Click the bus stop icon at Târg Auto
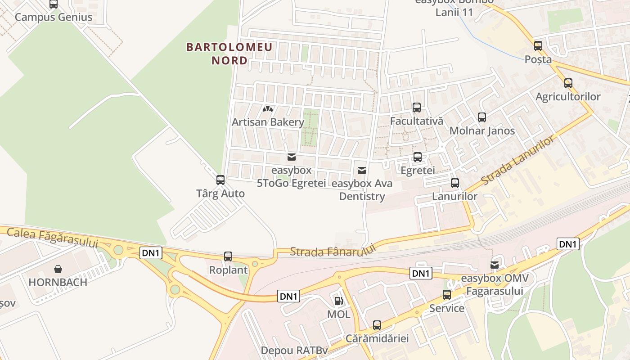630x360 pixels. coord(220,180)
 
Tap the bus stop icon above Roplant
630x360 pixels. coord(228,256)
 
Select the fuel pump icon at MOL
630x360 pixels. coord(338,301)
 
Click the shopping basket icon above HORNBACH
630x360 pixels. coord(58,269)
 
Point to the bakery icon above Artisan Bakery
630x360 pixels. coord(268,108)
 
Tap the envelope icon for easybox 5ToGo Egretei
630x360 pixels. coord(291,157)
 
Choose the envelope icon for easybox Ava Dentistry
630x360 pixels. coord(361,171)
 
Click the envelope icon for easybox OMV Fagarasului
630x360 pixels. coord(495,265)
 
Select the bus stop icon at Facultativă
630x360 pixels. coord(417,108)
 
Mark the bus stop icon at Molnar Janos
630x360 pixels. coord(482,117)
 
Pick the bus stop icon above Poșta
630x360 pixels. coord(538,46)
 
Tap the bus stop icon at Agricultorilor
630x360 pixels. coord(568,83)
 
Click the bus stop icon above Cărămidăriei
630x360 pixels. coord(377,325)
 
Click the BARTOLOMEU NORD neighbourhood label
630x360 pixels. coord(229,54)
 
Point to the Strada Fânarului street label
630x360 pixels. coord(333,251)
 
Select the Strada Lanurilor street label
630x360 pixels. coord(518,161)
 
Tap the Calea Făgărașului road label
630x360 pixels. coord(53,238)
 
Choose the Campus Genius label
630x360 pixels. coord(54,17)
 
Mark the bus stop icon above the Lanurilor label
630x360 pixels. coord(455,183)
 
